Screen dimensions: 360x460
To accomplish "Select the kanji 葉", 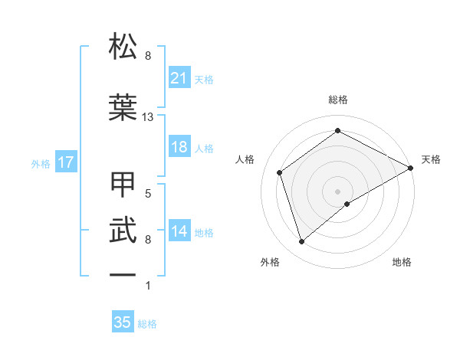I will tap(123, 107).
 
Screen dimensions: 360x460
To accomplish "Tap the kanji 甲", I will tap(123, 185).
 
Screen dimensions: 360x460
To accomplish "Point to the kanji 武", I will tap(123, 231).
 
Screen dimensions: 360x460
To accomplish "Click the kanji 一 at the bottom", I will tap(123, 274).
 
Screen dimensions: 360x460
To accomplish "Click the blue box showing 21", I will tap(179, 78).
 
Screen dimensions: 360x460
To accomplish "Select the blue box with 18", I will tap(179, 147).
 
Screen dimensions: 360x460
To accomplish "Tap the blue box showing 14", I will tap(179, 231).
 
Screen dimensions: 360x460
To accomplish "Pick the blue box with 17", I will tap(65, 162).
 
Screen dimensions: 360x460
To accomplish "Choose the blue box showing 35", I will tap(123, 322).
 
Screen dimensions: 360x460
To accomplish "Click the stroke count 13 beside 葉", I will tap(148, 117).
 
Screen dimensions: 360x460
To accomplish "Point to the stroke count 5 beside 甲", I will tap(148, 194).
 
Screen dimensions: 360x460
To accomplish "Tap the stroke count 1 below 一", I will tap(148, 286).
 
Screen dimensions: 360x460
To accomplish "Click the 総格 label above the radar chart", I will tap(337, 100).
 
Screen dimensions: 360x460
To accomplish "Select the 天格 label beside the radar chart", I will tap(431, 159).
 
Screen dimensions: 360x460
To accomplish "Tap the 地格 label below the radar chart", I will tap(402, 262).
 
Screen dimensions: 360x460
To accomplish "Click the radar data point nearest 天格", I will tap(411, 167).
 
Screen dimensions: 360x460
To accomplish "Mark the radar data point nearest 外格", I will tap(301, 242).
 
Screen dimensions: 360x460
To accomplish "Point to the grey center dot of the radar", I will tap(337, 191).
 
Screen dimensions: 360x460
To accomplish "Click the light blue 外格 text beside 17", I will tap(41, 163).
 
